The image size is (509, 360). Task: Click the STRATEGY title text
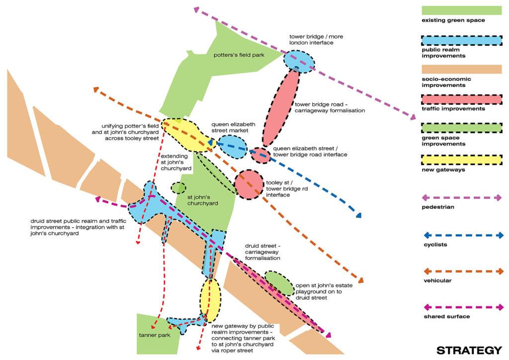pos(469,350)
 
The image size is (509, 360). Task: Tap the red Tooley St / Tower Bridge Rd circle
pos(248,184)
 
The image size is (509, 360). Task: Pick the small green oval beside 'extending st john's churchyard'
pos(178,188)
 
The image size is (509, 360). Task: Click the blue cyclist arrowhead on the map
pos(357,215)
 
